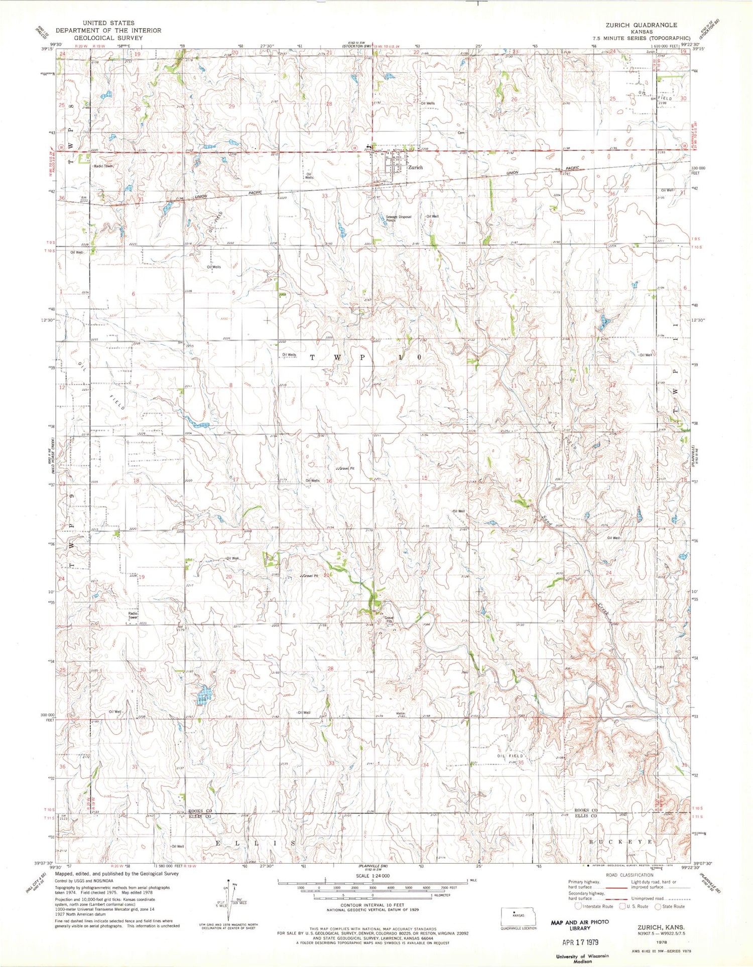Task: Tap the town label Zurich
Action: point(415,168)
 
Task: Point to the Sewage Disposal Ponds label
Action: point(398,219)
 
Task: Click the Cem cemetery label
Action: point(461,133)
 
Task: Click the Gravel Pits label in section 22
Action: point(389,619)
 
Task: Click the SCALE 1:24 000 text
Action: point(372,876)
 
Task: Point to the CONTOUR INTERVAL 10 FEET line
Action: point(372,906)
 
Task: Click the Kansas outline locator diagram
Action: point(518,915)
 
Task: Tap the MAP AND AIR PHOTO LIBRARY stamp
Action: point(580,925)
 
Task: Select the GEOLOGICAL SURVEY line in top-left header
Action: point(108,38)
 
